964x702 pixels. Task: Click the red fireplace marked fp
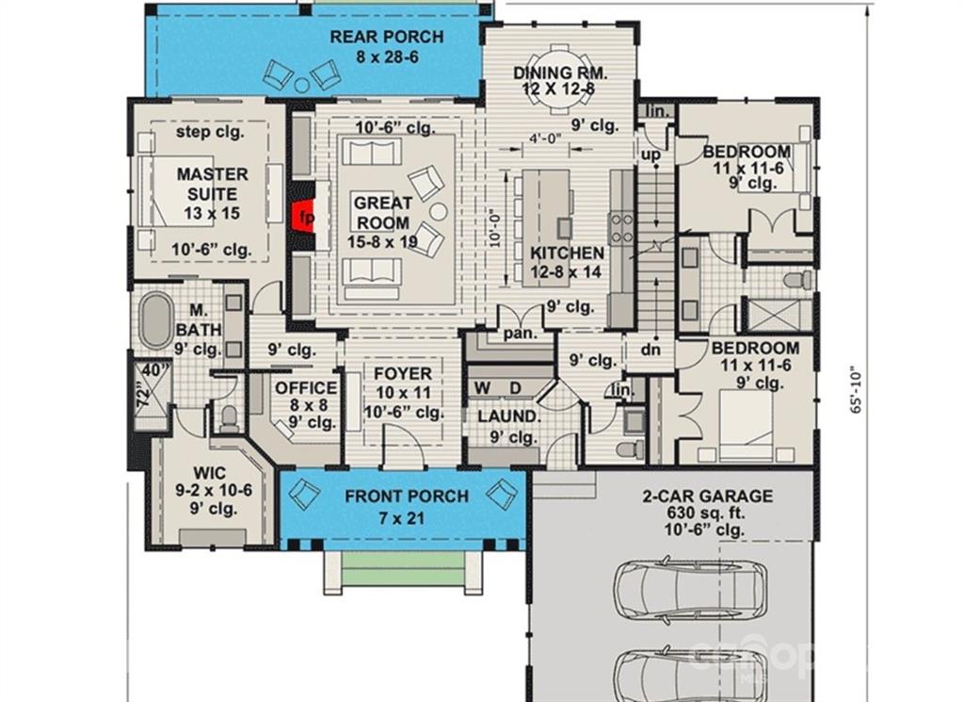[302, 216]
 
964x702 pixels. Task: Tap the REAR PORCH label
[387, 37]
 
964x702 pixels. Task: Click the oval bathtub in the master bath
[155, 320]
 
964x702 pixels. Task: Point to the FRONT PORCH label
[407, 496]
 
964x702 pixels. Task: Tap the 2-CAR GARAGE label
[708, 496]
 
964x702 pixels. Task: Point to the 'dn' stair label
[651, 350]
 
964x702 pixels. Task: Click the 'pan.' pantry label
[521, 335]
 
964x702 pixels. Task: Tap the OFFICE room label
[306, 388]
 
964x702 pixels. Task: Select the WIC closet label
[210, 473]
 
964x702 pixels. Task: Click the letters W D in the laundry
[499, 388]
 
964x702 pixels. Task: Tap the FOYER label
[403, 373]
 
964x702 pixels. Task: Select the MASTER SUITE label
[212, 184]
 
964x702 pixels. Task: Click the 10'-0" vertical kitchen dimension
[495, 230]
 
